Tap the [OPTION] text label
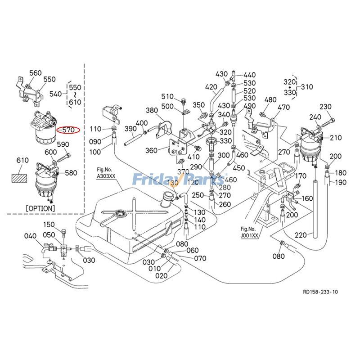[40, 208]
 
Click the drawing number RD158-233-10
[320, 292]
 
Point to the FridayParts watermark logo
[180, 180]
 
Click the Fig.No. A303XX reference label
[108, 173]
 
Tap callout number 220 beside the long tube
[301, 235]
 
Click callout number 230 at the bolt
[325, 107]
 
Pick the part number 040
[30, 236]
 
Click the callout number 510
[167, 97]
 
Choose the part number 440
[249, 75]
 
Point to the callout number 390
[130, 129]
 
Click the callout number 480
[270, 99]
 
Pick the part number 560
[35, 73]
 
